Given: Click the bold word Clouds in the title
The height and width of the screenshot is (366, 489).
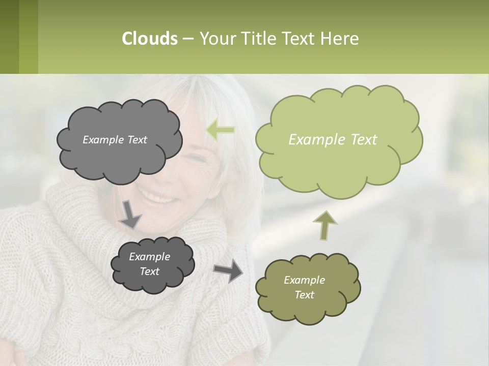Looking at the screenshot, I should (149, 39).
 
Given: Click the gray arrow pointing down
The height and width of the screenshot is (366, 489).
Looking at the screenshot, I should (130, 214).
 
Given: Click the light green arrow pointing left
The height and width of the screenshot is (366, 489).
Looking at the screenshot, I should (221, 130).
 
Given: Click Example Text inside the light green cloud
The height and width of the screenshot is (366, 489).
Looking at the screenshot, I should (333, 140).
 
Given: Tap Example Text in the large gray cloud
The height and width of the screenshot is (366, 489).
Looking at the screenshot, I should (115, 140).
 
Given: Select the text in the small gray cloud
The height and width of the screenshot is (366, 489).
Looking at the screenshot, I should (149, 264).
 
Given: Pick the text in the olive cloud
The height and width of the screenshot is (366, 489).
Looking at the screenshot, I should (304, 287).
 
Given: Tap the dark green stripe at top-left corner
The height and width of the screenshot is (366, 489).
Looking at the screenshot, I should (9, 37).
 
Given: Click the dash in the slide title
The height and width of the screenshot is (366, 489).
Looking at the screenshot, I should (187, 39).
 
